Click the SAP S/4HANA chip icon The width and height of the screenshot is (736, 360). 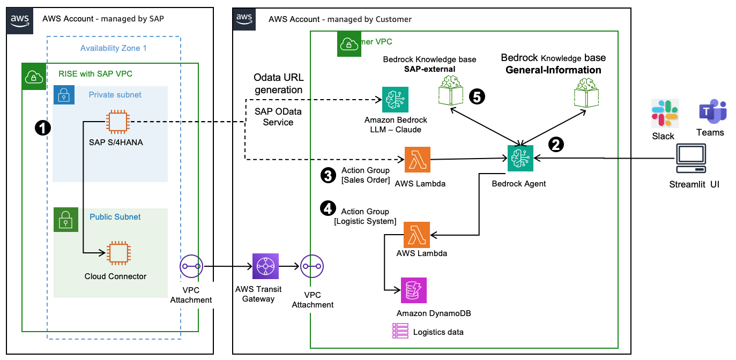click(x=117, y=122)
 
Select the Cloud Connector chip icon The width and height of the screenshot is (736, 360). click(x=117, y=253)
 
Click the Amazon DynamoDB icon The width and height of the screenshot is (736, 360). click(x=414, y=290)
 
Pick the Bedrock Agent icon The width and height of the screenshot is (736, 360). click(x=521, y=159)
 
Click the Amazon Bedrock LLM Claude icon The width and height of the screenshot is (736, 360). click(x=395, y=100)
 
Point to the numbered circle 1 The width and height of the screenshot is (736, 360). click(x=42, y=127)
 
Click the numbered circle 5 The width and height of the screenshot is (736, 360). click(x=477, y=96)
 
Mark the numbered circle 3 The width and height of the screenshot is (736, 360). click(x=328, y=176)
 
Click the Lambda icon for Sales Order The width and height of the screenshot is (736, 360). click(x=417, y=160)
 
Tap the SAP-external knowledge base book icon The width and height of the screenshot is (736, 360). click(x=450, y=91)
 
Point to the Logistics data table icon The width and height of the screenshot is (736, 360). click(x=400, y=331)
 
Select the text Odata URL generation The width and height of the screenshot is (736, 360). click(x=278, y=84)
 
